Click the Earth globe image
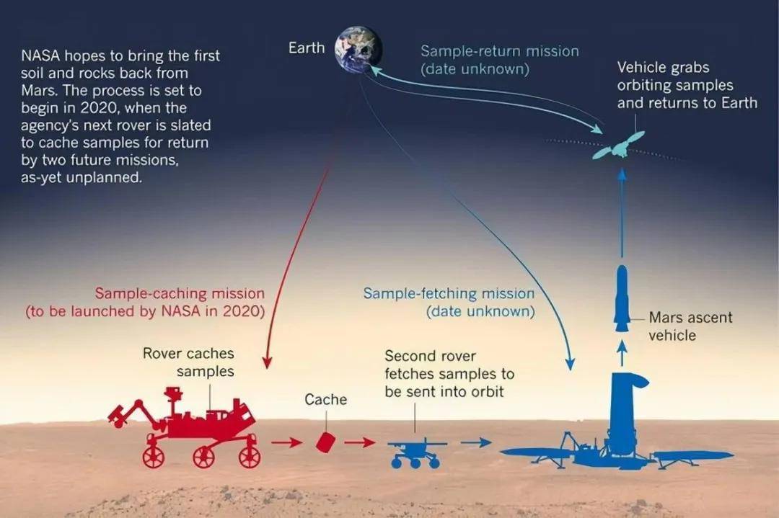[x=358, y=48]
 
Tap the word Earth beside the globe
[x=307, y=48]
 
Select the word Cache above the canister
[x=326, y=399]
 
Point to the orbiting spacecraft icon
[x=619, y=146]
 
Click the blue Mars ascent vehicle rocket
[x=622, y=298]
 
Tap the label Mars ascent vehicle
[x=690, y=326]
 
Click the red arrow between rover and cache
[x=286, y=442]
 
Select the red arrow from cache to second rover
[x=360, y=442]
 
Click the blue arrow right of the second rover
[x=476, y=442]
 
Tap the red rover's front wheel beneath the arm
[x=153, y=457]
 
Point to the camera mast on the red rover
[x=173, y=402]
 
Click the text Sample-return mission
[x=500, y=51]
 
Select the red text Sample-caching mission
[x=180, y=293]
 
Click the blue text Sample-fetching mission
[x=449, y=293]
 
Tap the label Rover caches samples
[x=188, y=362]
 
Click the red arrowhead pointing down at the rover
[x=267, y=362]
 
